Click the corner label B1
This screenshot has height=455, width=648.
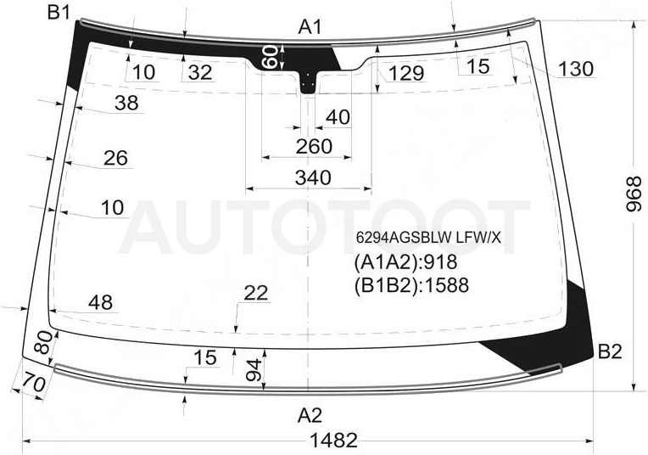[59, 13]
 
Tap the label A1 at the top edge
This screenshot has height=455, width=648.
[310, 28]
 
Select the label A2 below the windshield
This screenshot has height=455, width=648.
[310, 416]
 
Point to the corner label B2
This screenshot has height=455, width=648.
[610, 351]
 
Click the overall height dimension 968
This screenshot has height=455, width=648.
[634, 194]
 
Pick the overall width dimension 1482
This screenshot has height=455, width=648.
[333, 441]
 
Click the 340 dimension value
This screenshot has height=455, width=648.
[313, 177]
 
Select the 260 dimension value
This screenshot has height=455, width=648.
[314, 146]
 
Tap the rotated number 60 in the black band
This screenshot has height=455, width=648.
[271, 57]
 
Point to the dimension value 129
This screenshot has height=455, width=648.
[406, 73]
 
